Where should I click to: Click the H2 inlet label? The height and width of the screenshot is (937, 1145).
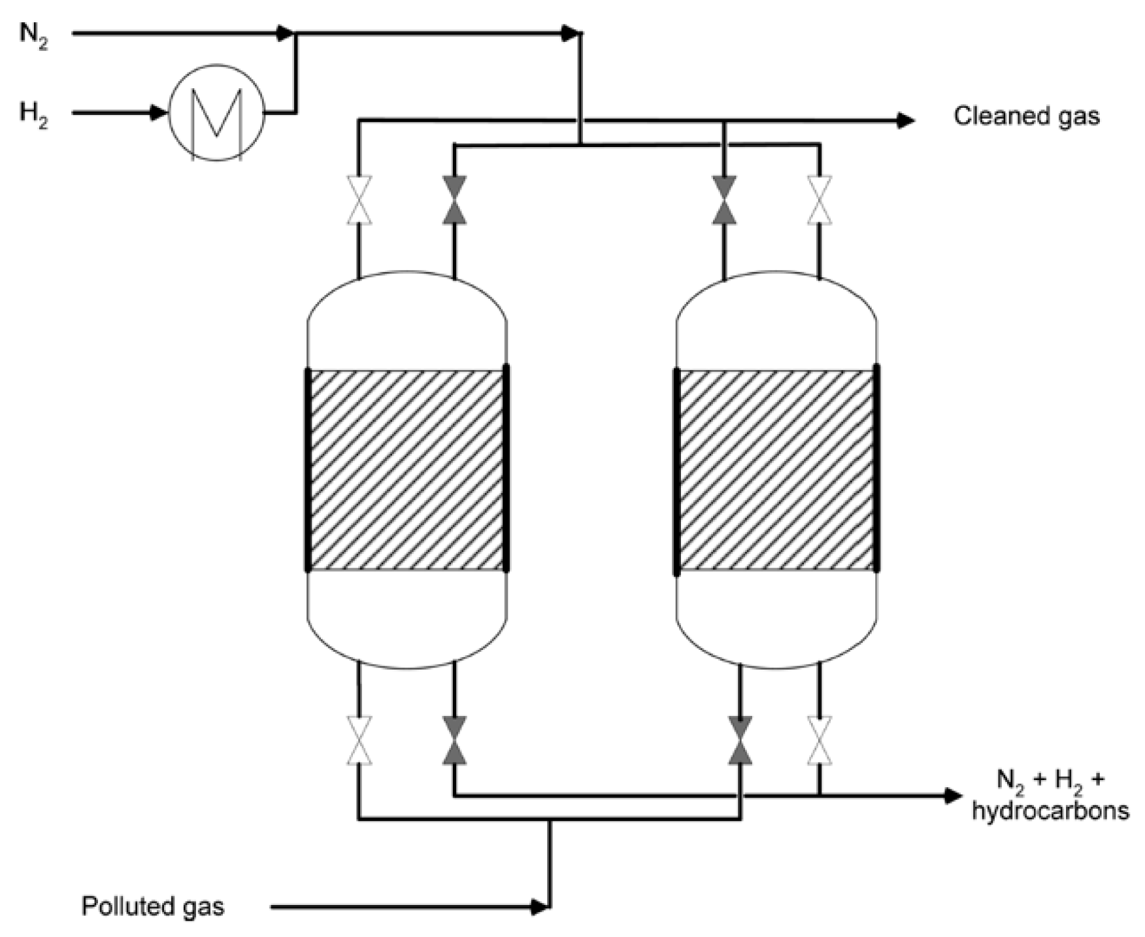click(33, 115)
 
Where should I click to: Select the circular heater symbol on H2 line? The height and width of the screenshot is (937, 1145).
click(217, 112)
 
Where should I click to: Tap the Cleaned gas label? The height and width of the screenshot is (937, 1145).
click(1026, 116)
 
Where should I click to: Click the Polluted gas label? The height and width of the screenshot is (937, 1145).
click(152, 906)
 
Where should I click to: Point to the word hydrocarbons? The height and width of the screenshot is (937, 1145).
click(1050, 811)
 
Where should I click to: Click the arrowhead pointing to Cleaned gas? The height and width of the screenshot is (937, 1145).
click(905, 120)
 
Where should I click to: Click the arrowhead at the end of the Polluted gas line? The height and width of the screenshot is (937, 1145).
click(540, 907)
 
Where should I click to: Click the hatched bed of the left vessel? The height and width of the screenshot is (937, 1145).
click(407, 469)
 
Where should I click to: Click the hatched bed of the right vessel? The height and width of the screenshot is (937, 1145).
click(776, 469)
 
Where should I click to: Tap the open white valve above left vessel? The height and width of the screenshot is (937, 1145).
click(359, 200)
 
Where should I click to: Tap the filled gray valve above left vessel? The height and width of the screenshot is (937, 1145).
click(454, 200)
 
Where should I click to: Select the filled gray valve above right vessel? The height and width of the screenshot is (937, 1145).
click(723, 200)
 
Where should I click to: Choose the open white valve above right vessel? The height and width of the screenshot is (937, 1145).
click(820, 200)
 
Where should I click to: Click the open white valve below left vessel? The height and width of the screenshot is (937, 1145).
click(359, 740)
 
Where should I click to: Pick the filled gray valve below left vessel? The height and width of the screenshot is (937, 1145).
click(454, 740)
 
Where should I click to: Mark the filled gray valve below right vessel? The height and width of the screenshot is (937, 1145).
click(740, 740)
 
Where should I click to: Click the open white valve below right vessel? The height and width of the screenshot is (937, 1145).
click(820, 740)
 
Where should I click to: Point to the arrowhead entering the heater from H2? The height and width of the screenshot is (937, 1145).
click(159, 113)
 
